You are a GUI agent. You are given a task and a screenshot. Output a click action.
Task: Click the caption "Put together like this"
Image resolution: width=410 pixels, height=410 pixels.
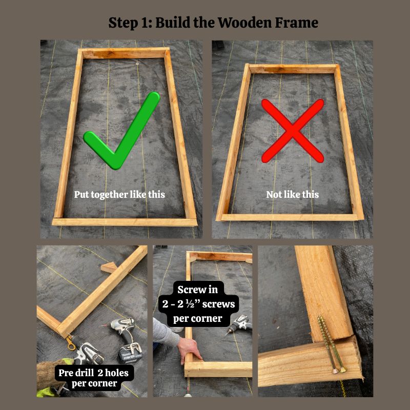[x=119, y=195]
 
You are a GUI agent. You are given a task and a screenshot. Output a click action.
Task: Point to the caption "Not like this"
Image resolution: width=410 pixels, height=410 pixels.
[x=292, y=195]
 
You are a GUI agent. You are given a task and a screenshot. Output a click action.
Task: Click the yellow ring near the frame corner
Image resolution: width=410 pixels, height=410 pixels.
[x=69, y=340]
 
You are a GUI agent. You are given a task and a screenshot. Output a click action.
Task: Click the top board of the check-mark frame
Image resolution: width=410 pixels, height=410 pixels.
[x=125, y=53]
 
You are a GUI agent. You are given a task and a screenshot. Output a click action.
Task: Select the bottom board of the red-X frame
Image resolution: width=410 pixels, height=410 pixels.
[x=290, y=217]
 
